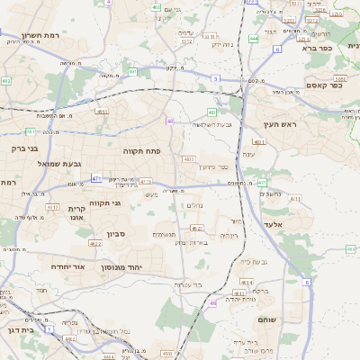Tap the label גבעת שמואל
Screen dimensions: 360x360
point(59,164)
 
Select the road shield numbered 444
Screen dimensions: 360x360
point(254,40)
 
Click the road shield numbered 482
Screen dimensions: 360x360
point(7,81)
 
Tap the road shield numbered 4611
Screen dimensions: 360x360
point(102,112)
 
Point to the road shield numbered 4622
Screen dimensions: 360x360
point(95,243)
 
